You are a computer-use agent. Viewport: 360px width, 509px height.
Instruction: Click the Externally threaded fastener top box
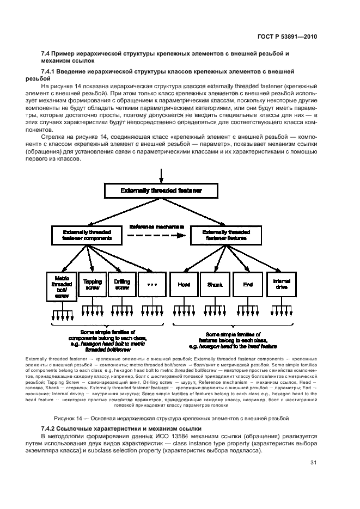[161, 191]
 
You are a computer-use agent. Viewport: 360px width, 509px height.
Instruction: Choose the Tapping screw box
[91, 284]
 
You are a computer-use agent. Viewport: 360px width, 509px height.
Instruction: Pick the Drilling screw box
[121, 284]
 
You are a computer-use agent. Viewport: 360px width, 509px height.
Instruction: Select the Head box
[184, 284]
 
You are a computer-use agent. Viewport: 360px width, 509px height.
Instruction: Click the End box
[248, 284]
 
